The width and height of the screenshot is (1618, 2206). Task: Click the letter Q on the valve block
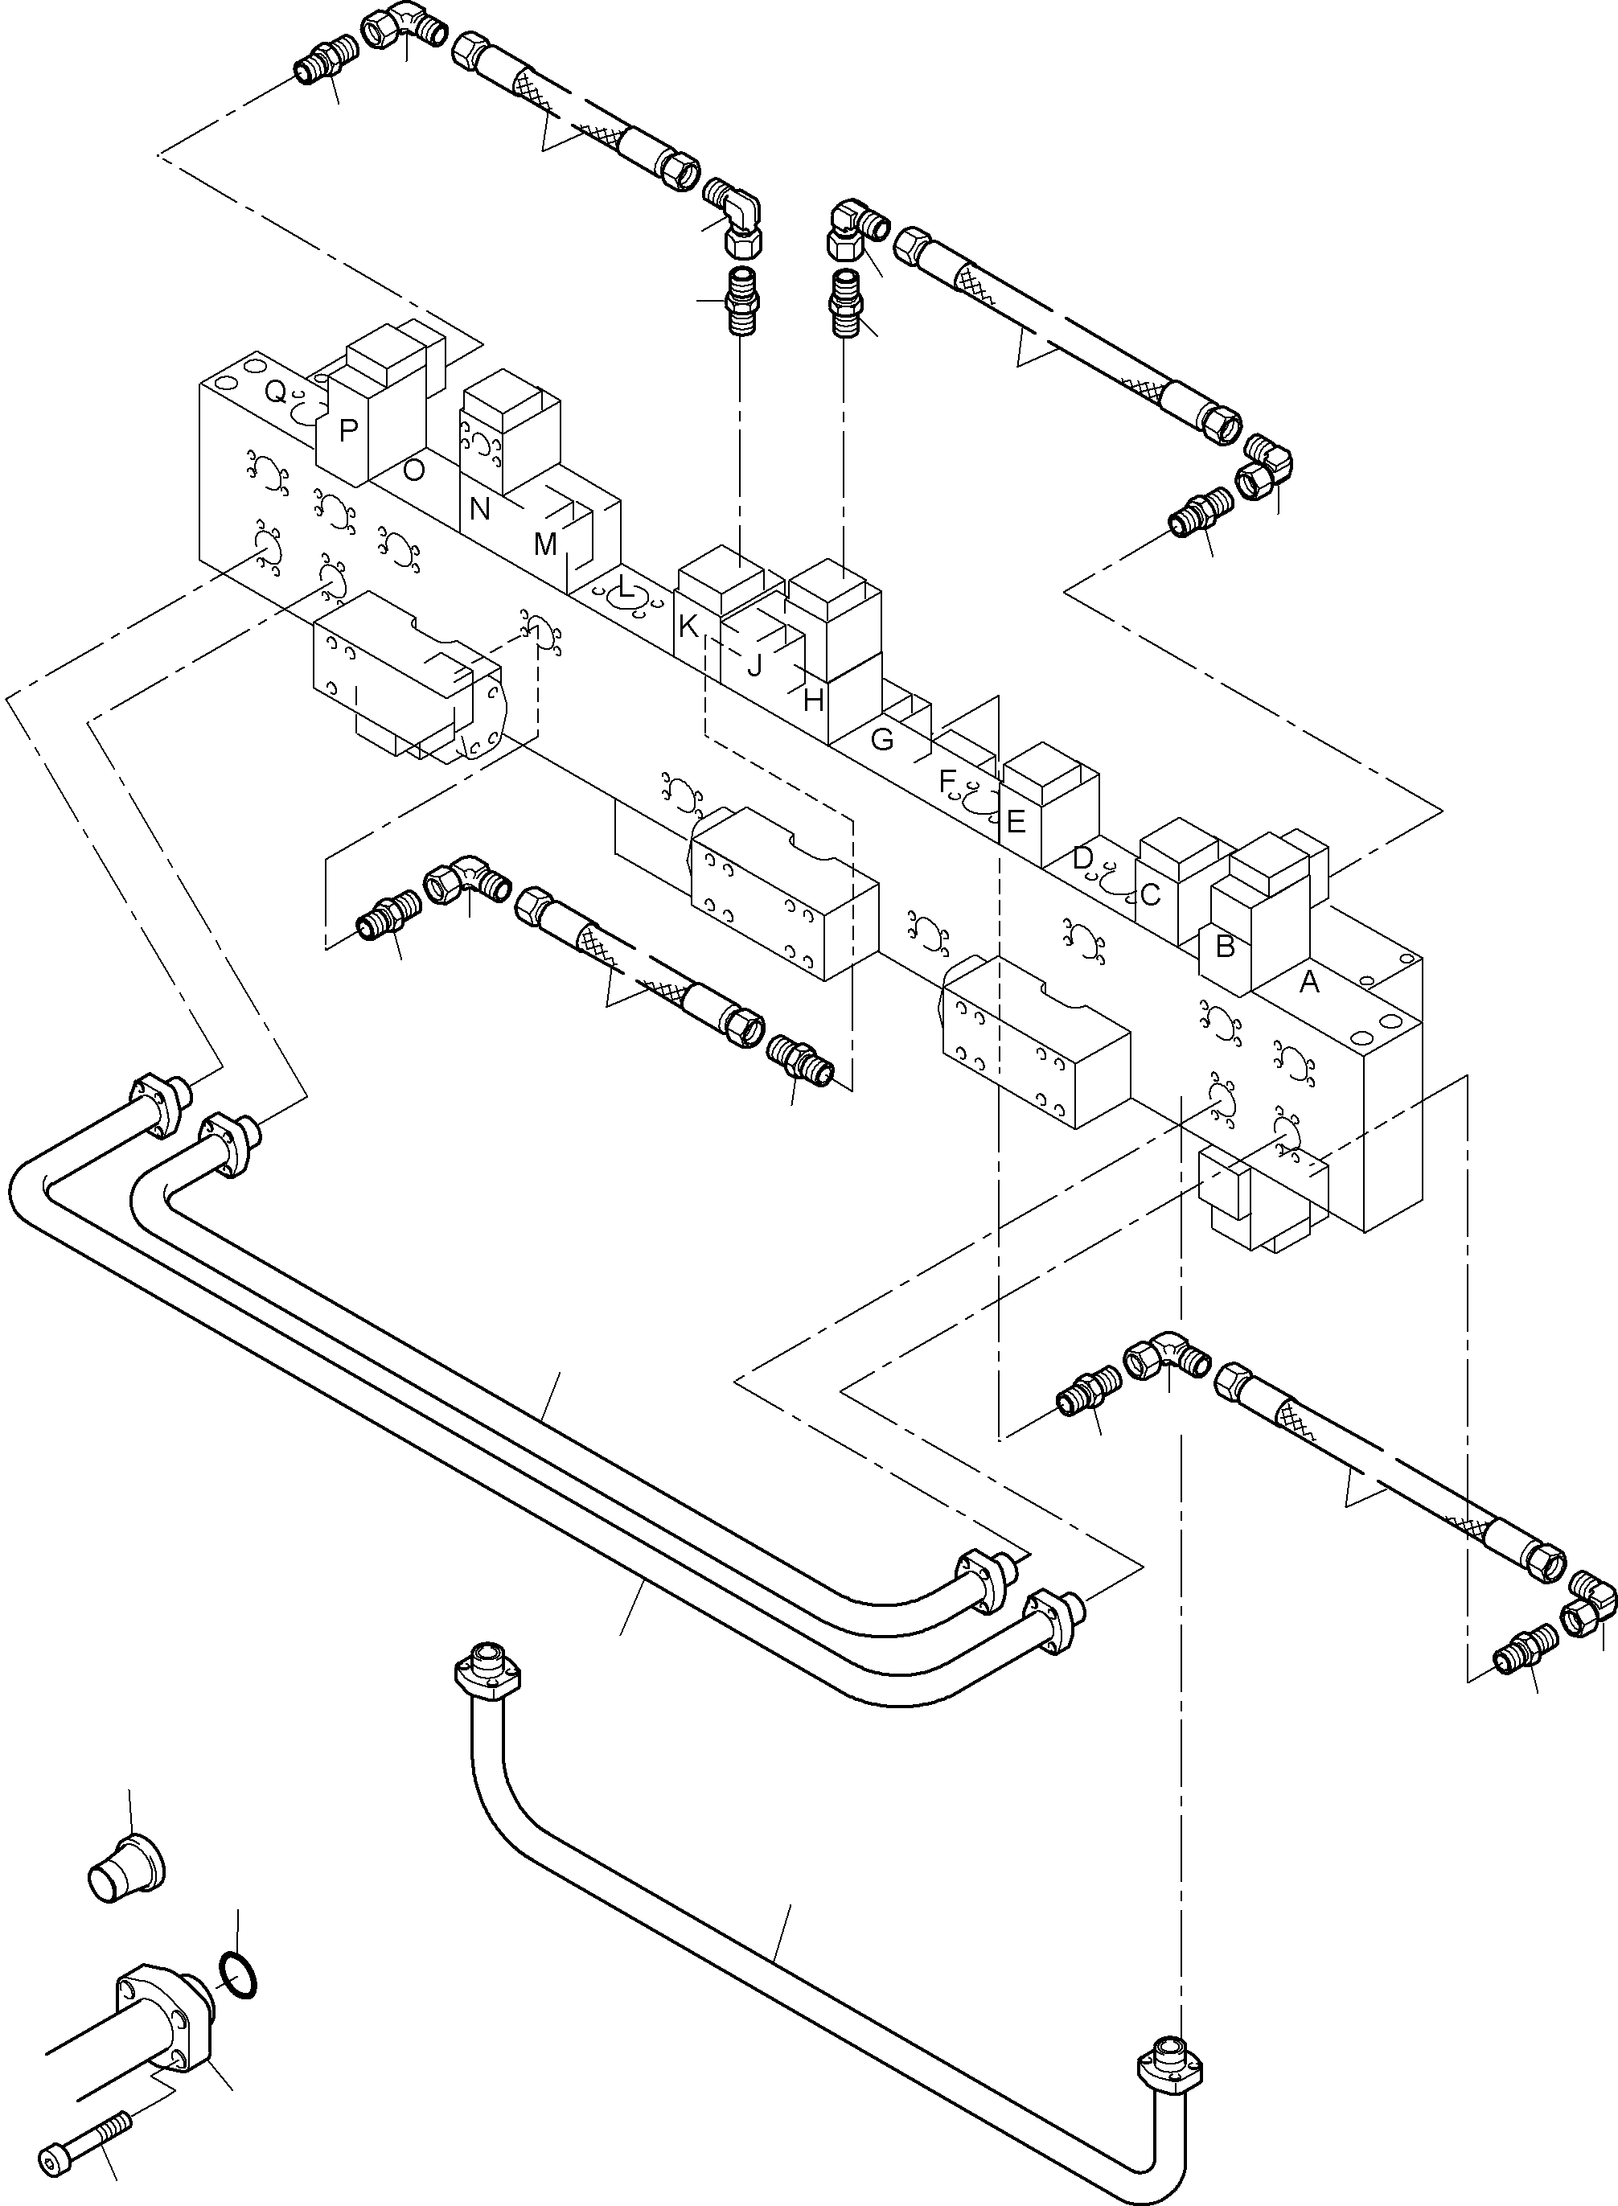tap(276, 392)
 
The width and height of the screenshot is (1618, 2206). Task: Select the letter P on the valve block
tap(347, 430)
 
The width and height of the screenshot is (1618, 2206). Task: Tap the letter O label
tap(413, 470)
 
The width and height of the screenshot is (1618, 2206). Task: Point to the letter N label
tap(479, 509)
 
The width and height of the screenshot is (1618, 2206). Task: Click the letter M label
tap(544, 544)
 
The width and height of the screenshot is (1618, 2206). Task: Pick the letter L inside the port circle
tap(625, 587)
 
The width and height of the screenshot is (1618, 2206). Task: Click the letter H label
tap(813, 700)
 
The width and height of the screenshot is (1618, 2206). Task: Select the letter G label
tap(881, 740)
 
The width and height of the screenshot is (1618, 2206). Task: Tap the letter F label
tap(947, 781)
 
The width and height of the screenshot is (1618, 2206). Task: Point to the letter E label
tap(1016, 821)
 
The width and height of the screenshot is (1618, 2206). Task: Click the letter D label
tap(1082, 858)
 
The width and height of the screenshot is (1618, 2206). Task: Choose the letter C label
tap(1151, 895)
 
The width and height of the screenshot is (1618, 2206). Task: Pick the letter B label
tap(1224, 947)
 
